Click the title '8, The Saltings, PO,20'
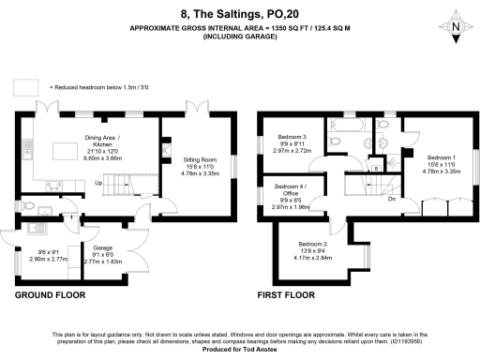(x=239, y=14)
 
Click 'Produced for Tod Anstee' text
(x=239, y=352)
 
